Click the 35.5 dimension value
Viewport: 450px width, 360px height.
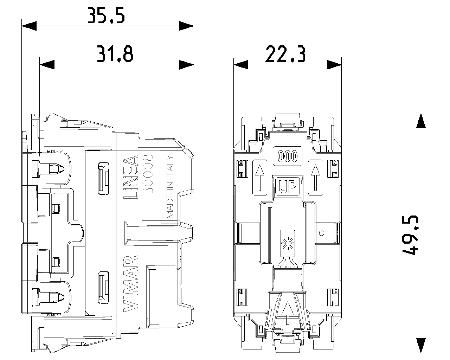tap(106, 15)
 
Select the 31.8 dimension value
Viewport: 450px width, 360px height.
tap(115, 54)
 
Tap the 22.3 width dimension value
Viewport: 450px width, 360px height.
tap(285, 54)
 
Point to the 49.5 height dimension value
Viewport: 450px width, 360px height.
tap(410, 235)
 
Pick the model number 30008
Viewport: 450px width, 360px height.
tap(148, 174)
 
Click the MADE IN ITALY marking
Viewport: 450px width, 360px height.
tap(170, 187)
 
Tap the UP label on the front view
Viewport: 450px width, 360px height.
tap(288, 187)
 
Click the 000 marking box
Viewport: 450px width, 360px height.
tap(288, 156)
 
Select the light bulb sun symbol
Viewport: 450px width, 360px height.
tap(288, 243)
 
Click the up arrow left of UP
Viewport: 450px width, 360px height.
tap(260, 178)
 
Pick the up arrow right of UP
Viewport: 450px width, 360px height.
tap(315, 178)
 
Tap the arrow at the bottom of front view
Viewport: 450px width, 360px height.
tap(288, 313)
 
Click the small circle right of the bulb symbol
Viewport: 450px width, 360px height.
tap(322, 233)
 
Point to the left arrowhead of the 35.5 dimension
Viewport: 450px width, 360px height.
tap(29, 26)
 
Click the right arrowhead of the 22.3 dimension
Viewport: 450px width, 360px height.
tap(334, 65)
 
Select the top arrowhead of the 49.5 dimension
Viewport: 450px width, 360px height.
tap(421, 120)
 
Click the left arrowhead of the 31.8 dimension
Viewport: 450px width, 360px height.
tap(47, 65)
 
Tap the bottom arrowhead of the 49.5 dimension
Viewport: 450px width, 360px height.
tap(421, 346)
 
